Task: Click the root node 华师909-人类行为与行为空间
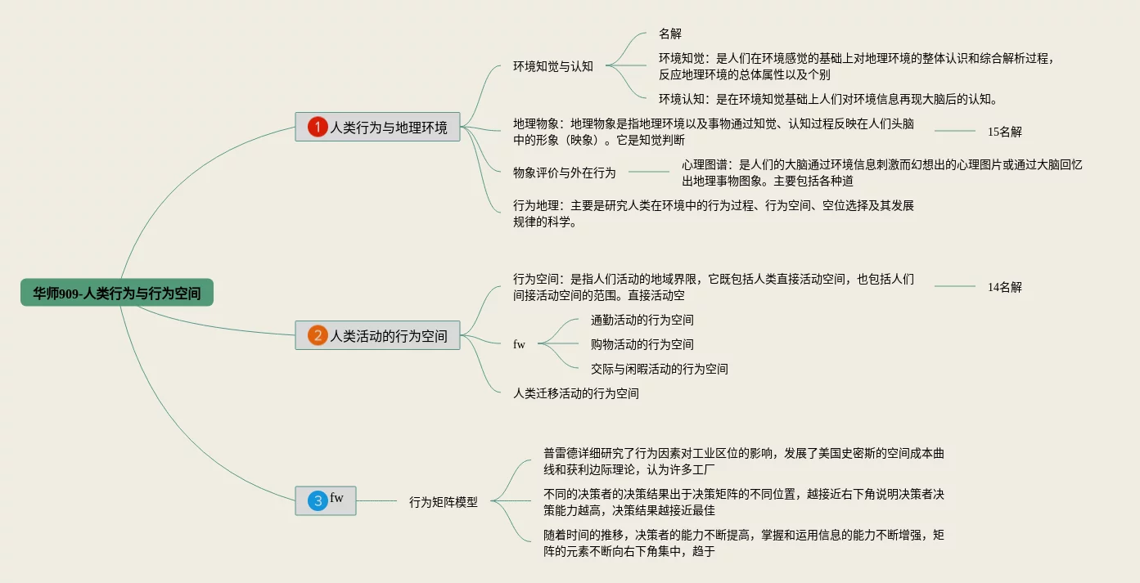(116, 292)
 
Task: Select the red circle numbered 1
(317, 127)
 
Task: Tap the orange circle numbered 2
(317, 335)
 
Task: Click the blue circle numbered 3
(318, 500)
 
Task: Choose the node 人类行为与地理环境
(377, 127)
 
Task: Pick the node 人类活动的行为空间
(377, 335)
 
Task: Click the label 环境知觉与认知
(552, 66)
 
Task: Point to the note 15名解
(1005, 132)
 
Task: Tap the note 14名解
(1005, 287)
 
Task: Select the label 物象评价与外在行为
(564, 173)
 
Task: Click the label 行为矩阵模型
(444, 502)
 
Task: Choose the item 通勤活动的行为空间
(642, 320)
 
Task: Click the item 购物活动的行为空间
(642, 344)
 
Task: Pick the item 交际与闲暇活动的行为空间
(659, 369)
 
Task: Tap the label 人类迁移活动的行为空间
(575, 393)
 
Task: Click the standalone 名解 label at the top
(669, 34)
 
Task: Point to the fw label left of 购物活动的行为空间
(519, 344)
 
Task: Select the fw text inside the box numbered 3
(336, 498)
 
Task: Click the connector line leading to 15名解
(955, 131)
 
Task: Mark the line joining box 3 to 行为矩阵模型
(376, 500)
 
